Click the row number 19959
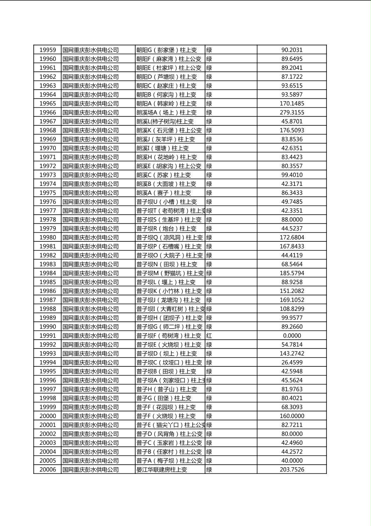(x=47, y=50)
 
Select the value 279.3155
(x=292, y=113)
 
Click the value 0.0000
(x=292, y=336)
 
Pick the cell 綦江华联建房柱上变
(x=162, y=469)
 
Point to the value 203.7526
(x=292, y=469)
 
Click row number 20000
(x=47, y=416)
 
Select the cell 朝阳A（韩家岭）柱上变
(x=166, y=103)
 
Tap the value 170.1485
(x=292, y=103)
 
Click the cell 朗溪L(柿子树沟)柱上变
(x=165, y=121)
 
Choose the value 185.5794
(x=292, y=273)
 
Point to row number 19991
(x=47, y=336)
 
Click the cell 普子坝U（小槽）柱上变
(x=166, y=202)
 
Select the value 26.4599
(x=292, y=362)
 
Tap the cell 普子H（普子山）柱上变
(x=166, y=389)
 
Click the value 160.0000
(x=292, y=416)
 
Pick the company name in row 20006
(x=91, y=469)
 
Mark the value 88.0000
(x=292, y=220)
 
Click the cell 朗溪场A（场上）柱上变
(x=166, y=113)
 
